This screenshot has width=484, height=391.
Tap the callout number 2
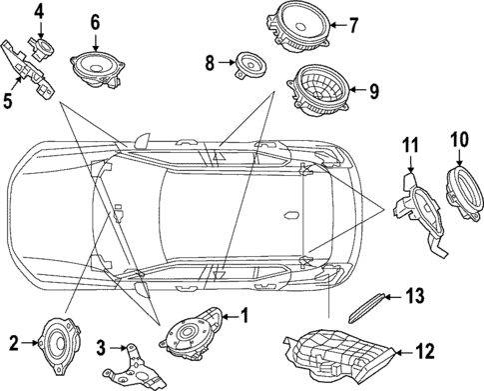pyautogui.click(x=13, y=343)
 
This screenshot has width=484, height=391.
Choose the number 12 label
pyautogui.click(x=427, y=350)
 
